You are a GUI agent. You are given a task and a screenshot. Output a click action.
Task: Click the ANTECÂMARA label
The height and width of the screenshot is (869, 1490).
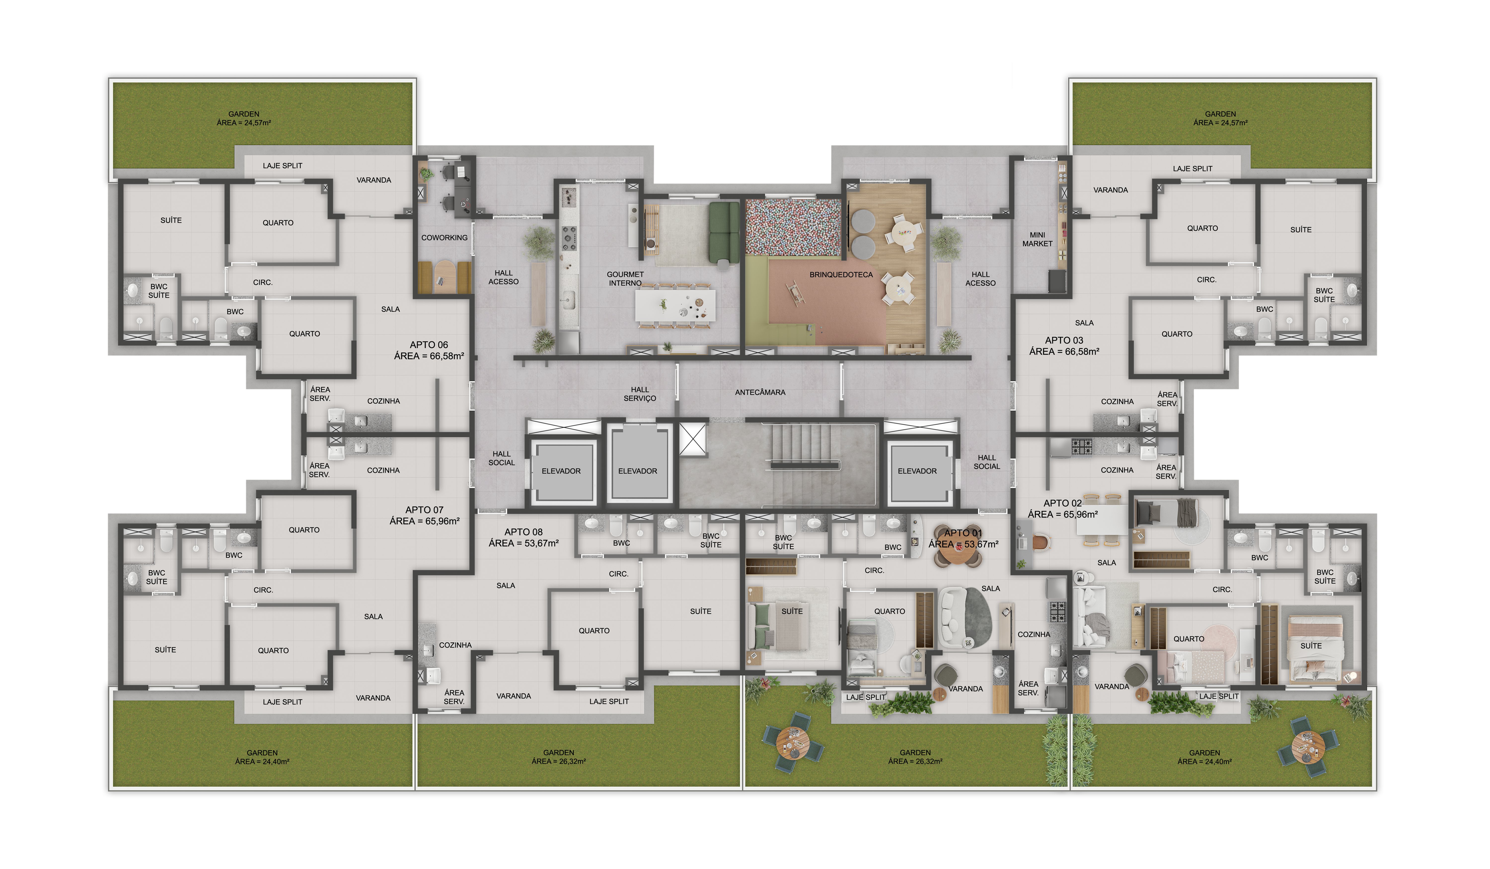tap(760, 393)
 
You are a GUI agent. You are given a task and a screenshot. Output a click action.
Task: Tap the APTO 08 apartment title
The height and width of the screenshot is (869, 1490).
tap(523, 532)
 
